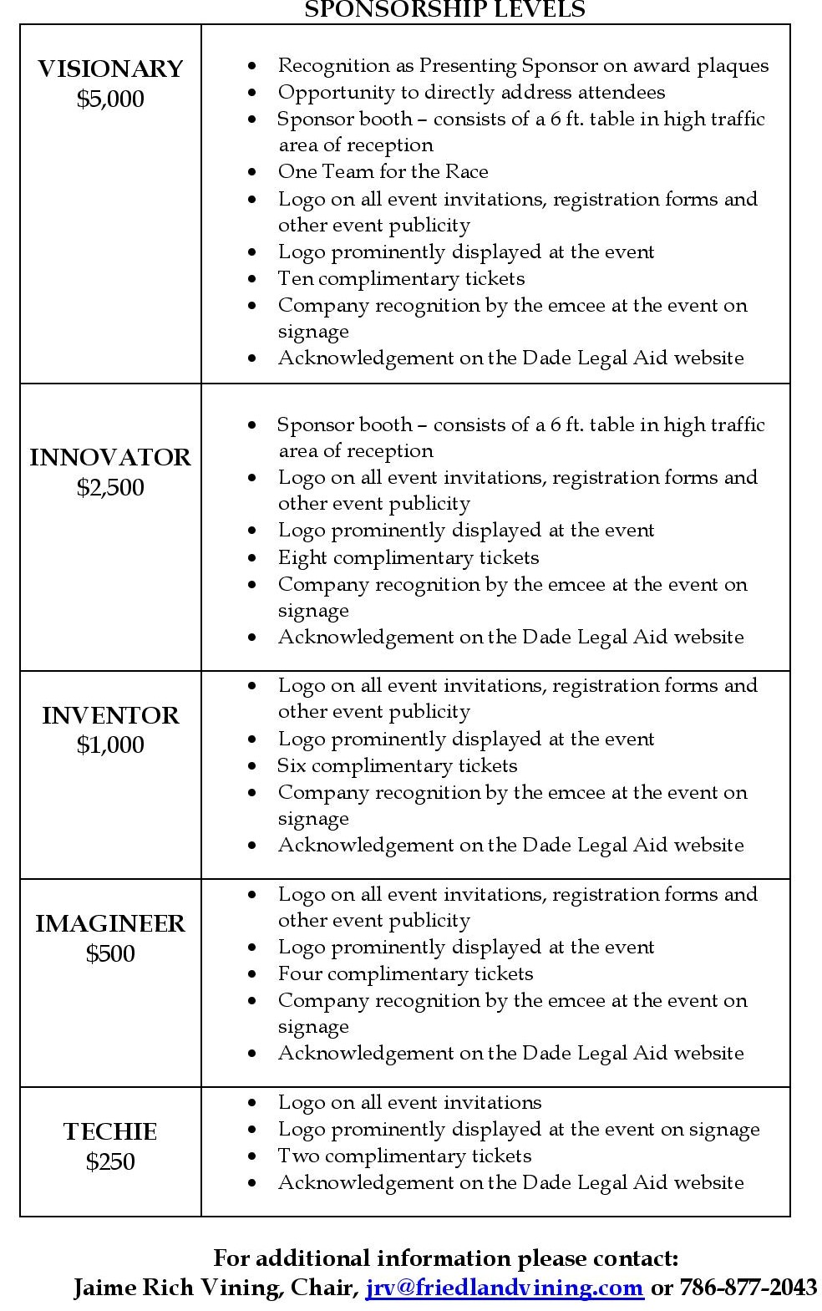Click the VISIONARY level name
(x=110, y=69)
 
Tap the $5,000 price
(x=110, y=99)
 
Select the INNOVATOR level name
(x=110, y=457)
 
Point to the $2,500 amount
(x=110, y=487)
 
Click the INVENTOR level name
(x=110, y=715)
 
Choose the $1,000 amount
(x=110, y=744)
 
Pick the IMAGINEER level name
(x=110, y=923)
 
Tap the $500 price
(x=110, y=953)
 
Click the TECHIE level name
(x=110, y=1131)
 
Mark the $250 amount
(x=110, y=1161)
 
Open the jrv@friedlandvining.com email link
(x=505, y=1287)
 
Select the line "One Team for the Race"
(x=383, y=171)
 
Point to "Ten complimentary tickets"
(x=401, y=278)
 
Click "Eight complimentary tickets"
(x=408, y=557)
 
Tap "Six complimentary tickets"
(x=398, y=765)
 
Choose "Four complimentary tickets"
(x=405, y=973)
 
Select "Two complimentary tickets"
(x=404, y=1156)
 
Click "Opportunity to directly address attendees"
(x=471, y=92)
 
